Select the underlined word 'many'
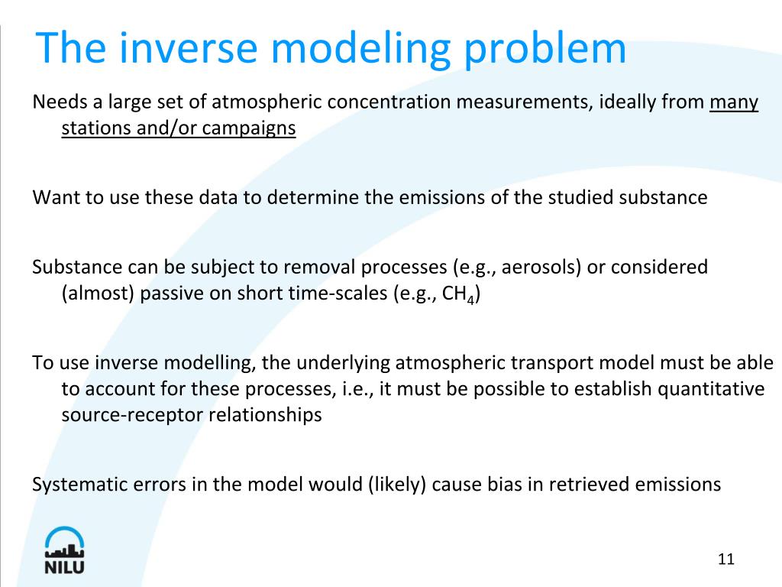tap(734, 102)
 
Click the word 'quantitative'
tap(712, 389)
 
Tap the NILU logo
tap(64, 550)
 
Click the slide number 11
tap(725, 559)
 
